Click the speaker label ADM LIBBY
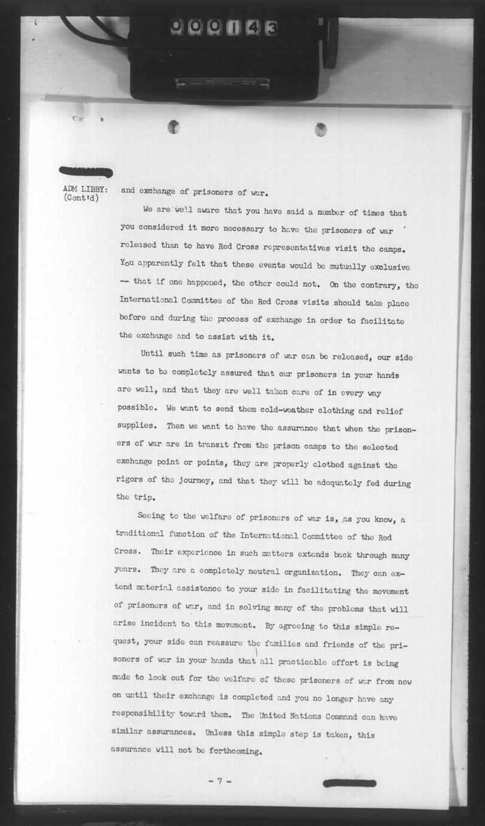tap(85, 189)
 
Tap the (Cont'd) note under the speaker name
tap(81, 198)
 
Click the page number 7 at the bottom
tap(220, 781)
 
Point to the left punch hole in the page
tap(174, 126)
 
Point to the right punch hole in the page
tap(321, 129)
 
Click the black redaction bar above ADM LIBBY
tap(86, 172)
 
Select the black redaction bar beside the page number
tap(349, 783)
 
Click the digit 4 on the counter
tap(252, 28)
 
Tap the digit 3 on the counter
tap(271, 28)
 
